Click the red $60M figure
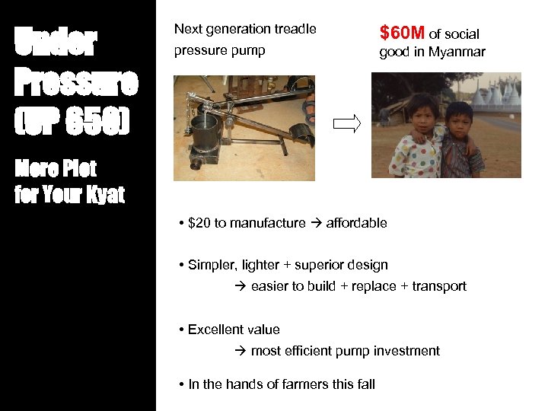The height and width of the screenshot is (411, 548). pos(402,33)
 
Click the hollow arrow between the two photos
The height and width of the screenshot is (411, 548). pos(346,125)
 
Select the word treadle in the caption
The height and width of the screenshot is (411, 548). pos(294,29)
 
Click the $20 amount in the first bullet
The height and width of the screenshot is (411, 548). pos(200,223)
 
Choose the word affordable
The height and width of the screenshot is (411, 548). pos(356,223)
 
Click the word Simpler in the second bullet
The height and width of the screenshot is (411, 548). pos(212,265)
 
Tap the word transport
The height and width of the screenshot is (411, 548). pos(439,286)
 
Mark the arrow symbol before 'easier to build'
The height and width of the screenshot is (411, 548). pos(240,286)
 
